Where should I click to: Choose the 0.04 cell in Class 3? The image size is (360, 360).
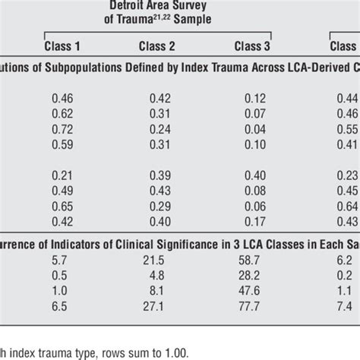coord(251,129)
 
